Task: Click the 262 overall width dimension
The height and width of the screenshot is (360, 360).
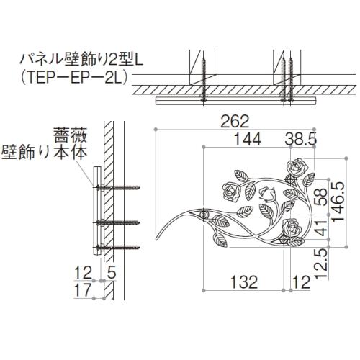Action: (235, 122)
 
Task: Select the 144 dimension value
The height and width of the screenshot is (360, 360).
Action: (247, 139)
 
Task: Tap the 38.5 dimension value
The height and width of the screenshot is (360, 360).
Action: (301, 139)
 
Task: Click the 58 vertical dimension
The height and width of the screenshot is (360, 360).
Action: (321, 197)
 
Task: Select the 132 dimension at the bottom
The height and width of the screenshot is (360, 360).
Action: (244, 282)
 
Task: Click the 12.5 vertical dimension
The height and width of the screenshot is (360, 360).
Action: (321, 264)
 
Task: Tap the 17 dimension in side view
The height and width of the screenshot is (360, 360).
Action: (83, 290)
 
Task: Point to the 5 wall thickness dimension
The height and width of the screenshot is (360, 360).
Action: (111, 273)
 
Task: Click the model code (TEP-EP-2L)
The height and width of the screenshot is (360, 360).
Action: (74, 78)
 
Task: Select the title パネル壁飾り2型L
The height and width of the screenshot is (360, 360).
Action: (82, 60)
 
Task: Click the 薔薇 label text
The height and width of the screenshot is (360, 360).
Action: (70, 135)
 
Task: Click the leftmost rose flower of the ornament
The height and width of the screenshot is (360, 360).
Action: (231, 192)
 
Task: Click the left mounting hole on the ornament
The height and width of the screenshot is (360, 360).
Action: (204, 214)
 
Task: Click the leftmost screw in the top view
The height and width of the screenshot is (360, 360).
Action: (204, 81)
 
